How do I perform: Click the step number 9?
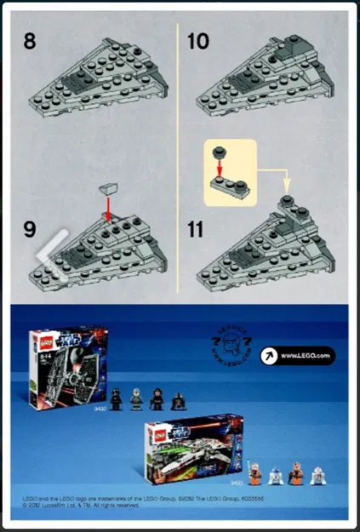click(30, 228)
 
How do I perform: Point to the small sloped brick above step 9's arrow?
click(107, 189)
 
